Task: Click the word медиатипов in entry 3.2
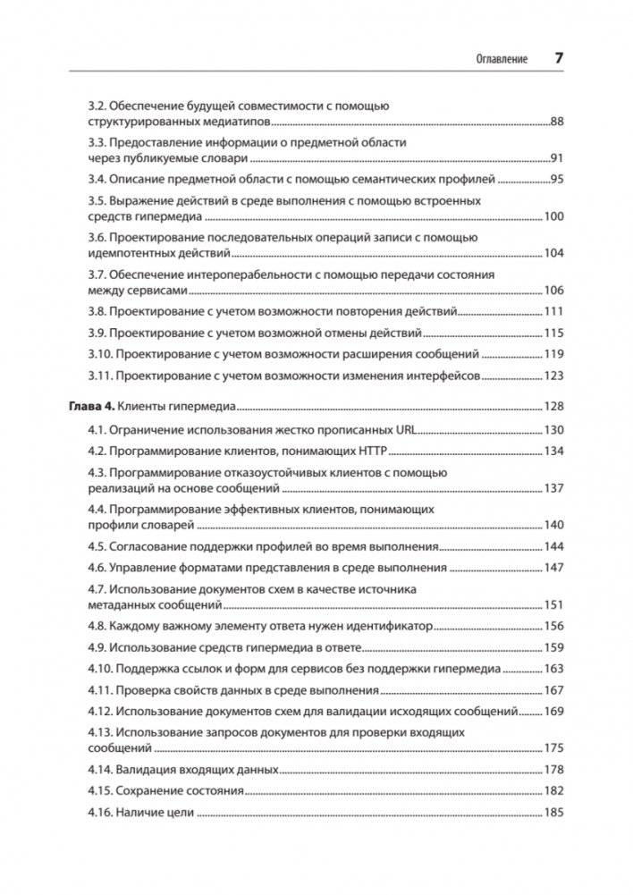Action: [214, 122]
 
